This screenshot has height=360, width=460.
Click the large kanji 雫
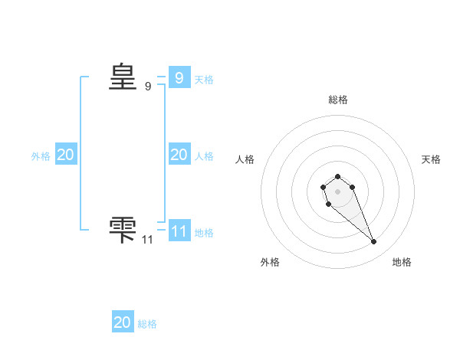point(123,231)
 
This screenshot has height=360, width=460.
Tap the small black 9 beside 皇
point(148,87)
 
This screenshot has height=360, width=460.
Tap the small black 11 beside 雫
point(148,240)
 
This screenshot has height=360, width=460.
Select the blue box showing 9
point(179,77)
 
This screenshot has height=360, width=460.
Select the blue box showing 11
point(179,231)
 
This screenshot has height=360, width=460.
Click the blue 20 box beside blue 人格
point(179,155)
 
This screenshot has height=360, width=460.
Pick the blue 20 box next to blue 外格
point(65,155)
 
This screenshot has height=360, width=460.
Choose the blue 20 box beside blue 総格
point(123,322)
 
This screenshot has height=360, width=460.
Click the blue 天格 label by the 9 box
point(204,79)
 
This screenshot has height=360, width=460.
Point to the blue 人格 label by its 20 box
point(204,156)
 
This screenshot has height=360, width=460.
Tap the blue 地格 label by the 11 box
point(204,233)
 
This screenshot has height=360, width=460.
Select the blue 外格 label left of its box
point(41,156)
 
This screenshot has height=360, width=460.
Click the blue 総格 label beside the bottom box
point(147,324)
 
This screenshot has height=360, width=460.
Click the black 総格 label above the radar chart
point(338,100)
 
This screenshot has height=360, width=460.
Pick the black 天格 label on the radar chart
point(432,159)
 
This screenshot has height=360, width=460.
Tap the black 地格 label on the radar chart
point(402,262)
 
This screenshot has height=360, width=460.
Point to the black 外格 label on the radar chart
point(270,262)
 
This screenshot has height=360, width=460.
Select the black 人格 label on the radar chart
point(245,159)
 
